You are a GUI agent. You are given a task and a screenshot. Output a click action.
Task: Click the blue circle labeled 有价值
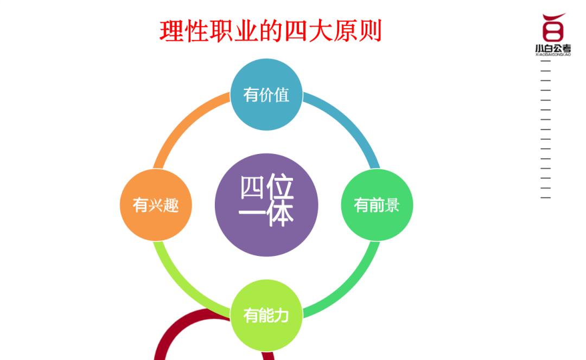pyautogui.click(x=266, y=94)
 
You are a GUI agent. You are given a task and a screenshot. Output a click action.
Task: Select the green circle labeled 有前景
pyautogui.click(x=377, y=204)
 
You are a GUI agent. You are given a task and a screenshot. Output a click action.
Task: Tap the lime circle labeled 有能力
pyautogui.click(x=266, y=315)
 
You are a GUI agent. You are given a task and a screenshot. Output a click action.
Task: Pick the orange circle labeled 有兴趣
pyautogui.click(x=156, y=204)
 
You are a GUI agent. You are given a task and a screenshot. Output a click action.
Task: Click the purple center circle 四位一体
pyautogui.click(x=266, y=204)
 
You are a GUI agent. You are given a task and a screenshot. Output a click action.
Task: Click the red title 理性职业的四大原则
pyautogui.click(x=271, y=31)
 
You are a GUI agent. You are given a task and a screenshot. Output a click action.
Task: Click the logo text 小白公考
pyautogui.click(x=553, y=48)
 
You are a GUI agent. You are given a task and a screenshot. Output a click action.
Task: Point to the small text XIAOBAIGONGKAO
pyautogui.click(x=553, y=55)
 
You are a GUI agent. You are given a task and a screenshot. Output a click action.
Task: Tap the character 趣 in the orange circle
pyautogui.click(x=171, y=205)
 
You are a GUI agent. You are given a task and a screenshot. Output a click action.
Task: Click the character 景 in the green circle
pyautogui.click(x=392, y=205)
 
